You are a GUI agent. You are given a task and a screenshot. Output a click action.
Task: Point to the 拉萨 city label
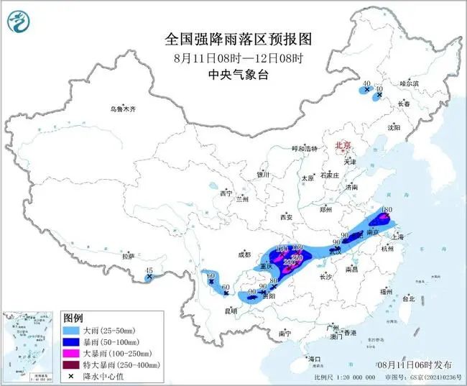[128, 256]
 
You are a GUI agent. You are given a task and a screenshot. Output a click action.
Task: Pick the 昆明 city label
[231, 311]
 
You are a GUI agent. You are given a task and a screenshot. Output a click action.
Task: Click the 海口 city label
[314, 358]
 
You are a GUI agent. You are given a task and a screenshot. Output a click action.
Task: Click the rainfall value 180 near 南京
[386, 210]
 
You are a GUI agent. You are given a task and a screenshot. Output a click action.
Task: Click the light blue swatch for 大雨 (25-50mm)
[70, 329]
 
